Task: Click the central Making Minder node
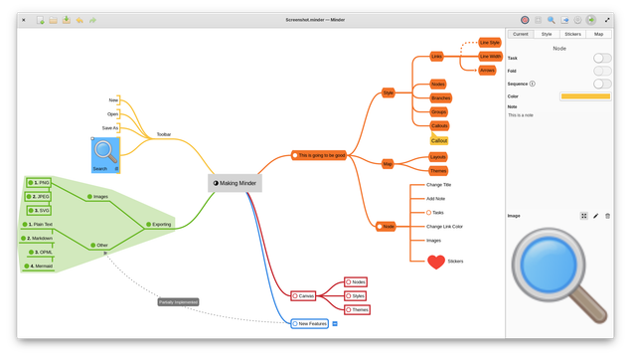click(236, 183)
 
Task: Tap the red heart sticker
click(435, 262)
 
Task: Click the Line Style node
click(490, 43)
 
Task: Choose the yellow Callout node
click(439, 140)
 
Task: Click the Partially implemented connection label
click(179, 301)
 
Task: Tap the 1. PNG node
click(40, 183)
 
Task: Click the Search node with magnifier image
click(105, 155)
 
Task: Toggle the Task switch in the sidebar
click(602, 59)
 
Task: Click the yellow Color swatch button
click(585, 96)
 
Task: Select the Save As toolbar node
click(110, 127)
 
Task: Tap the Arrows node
click(487, 71)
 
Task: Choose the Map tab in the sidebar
click(598, 34)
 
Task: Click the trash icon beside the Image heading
click(607, 216)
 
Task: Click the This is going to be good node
click(321, 155)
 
